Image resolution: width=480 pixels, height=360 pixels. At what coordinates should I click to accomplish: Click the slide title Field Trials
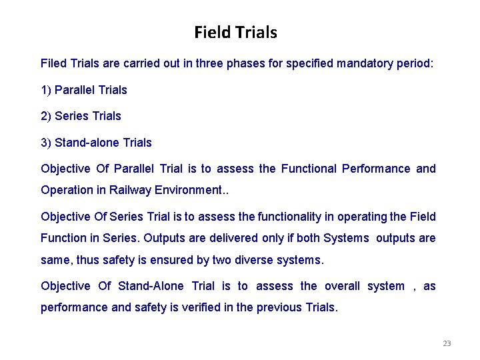[235, 32]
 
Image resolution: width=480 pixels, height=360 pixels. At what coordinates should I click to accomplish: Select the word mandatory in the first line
[364, 64]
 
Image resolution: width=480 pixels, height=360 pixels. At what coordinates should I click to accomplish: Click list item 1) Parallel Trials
[84, 90]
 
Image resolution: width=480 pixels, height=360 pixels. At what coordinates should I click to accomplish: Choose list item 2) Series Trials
[81, 116]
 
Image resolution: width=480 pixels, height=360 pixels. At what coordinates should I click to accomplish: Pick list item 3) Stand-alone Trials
[96, 143]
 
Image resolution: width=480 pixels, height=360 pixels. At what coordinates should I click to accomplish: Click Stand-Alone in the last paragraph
[151, 286]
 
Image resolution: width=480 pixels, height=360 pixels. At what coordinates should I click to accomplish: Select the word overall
[342, 286]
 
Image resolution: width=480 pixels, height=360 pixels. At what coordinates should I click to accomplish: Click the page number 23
[447, 344]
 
